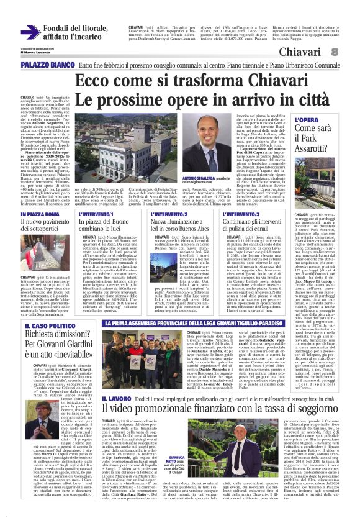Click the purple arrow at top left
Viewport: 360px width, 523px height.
click(30, 32)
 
